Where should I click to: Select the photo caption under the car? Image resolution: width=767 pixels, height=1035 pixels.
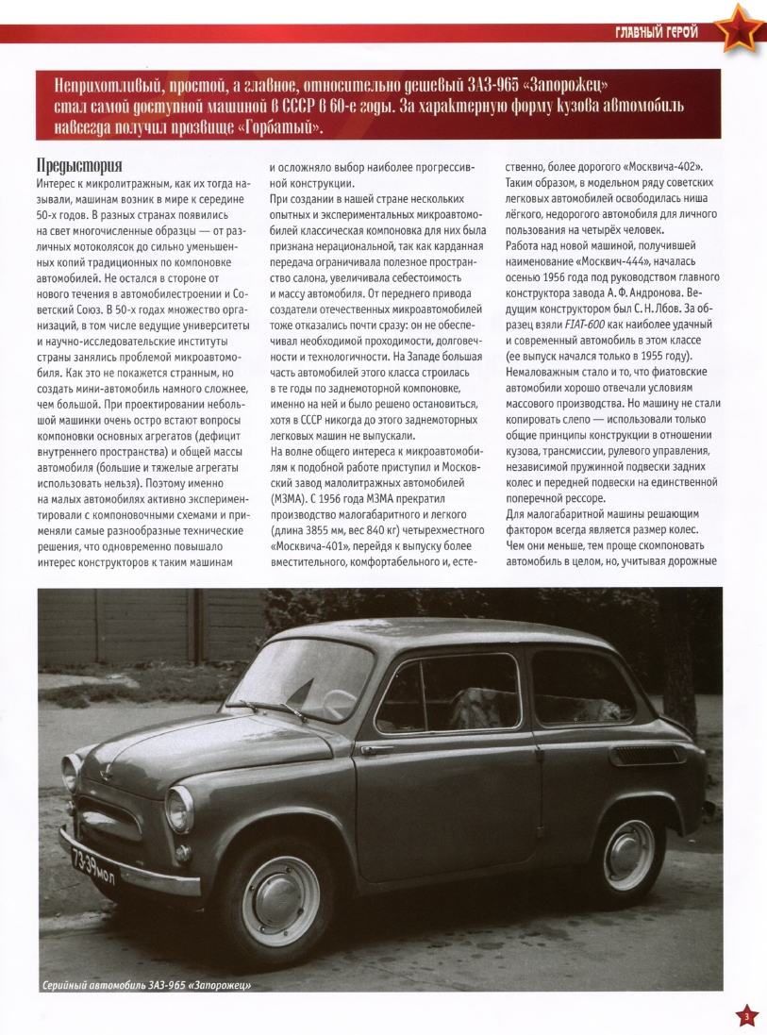152,986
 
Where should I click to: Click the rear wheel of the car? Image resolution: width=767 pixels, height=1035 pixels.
628,855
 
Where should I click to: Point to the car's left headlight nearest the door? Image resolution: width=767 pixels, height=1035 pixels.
179,809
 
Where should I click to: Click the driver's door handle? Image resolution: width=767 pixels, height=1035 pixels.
376,751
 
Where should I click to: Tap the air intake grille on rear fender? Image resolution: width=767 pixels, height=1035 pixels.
644,755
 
